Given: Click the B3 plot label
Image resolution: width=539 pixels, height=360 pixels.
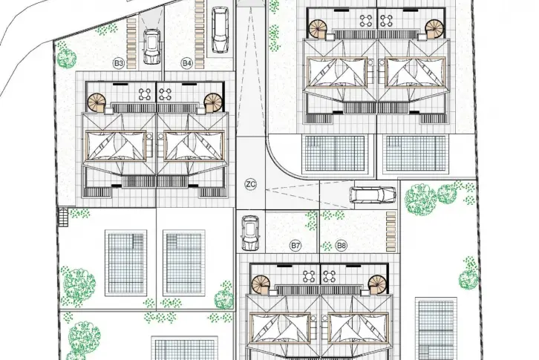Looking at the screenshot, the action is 119,63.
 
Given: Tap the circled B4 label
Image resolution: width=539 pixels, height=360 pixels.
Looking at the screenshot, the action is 186,63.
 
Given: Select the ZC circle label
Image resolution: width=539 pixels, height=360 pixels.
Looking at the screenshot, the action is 251,184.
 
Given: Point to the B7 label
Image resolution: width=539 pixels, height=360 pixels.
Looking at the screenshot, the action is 295,246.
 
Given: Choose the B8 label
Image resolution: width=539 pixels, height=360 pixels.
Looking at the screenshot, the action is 342,246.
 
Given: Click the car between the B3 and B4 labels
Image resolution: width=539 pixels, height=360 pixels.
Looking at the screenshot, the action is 151,47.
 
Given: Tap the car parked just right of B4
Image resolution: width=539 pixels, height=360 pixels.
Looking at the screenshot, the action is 220,30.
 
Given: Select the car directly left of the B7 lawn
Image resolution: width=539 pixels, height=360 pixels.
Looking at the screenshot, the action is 251,233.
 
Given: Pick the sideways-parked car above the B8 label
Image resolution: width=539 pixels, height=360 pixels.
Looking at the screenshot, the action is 373,195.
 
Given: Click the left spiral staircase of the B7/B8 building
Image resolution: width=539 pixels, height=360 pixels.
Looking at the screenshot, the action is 260,284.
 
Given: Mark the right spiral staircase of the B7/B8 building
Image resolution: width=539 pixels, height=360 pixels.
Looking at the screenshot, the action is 377,284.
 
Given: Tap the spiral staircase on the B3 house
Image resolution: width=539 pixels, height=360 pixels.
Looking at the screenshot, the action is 97,102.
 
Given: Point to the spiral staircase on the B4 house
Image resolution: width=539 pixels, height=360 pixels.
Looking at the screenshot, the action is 213,102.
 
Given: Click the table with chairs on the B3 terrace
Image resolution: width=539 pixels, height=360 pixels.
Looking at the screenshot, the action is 145,94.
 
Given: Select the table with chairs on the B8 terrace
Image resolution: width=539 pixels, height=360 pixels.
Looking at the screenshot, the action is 330,276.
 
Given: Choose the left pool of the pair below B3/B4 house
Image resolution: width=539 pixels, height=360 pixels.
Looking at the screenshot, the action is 125,263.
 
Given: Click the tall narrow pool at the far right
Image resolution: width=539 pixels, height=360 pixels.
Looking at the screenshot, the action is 436,328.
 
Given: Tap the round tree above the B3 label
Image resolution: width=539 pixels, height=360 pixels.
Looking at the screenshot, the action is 66,58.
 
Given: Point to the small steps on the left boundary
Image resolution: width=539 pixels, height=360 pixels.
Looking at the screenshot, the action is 63,217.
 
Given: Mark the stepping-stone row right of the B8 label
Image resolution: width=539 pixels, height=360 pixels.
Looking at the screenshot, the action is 391,231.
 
